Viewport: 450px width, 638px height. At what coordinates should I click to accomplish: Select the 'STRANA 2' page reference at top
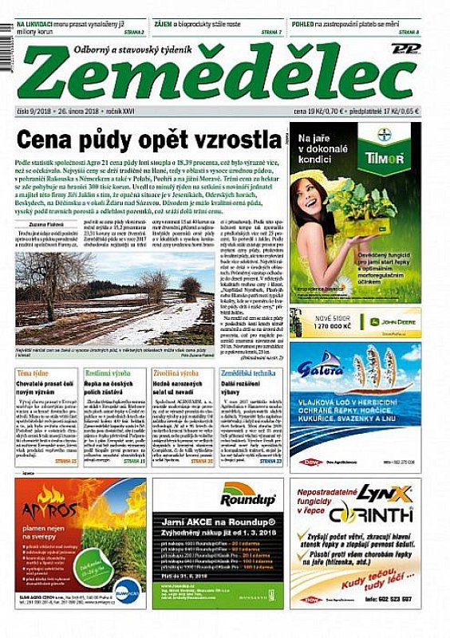(132, 32)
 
